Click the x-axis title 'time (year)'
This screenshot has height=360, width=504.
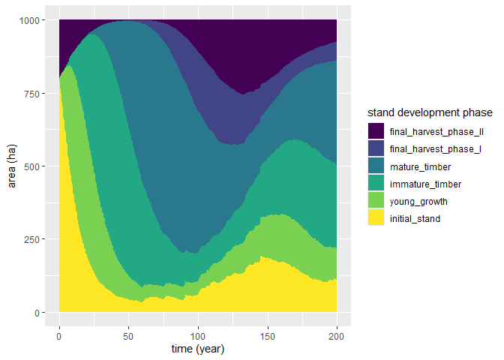198,349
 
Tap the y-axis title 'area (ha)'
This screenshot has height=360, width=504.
11,166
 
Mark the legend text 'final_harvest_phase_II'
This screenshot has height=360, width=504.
436,131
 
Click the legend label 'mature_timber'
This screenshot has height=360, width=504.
421,166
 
